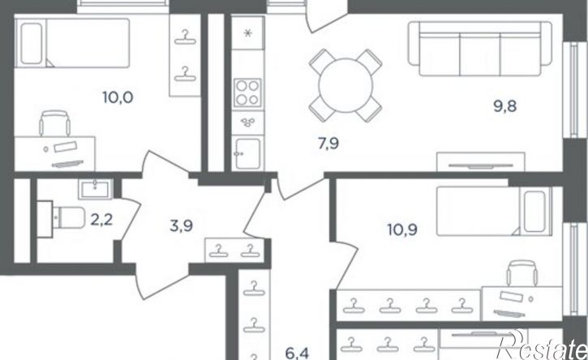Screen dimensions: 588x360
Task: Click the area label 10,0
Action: point(118,98)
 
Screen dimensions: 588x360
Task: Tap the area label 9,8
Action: point(504,106)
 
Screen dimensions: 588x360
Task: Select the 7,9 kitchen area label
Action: point(328,144)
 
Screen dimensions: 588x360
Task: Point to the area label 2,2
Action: point(101,220)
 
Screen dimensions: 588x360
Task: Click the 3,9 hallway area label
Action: point(182,226)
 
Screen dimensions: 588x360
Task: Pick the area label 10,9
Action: point(402,229)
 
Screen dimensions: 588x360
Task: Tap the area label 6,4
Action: point(298,354)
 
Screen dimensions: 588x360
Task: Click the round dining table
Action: point(346,85)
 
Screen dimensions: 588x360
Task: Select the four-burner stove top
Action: point(247,92)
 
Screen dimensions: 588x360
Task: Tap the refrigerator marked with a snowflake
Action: point(247,32)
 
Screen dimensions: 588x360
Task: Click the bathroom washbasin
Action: point(95,189)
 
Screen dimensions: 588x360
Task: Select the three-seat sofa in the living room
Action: point(480,49)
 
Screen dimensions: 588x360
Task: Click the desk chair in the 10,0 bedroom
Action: point(55,123)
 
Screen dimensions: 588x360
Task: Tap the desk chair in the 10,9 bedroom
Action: point(521,273)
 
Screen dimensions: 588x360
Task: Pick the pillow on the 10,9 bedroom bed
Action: point(534,212)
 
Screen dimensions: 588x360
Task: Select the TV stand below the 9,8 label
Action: point(481,162)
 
